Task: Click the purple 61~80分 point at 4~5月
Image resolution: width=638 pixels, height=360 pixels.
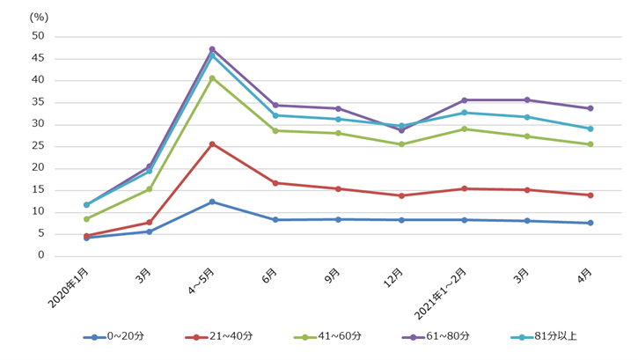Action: click(x=212, y=49)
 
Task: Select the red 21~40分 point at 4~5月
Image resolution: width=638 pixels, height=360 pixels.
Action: click(x=212, y=143)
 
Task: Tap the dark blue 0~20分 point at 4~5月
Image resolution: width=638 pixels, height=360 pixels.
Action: click(x=212, y=202)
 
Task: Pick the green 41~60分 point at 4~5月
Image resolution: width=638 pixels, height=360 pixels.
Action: click(x=212, y=77)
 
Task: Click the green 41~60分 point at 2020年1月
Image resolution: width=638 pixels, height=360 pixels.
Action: click(x=86, y=219)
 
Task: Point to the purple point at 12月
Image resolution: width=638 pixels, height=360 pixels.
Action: click(x=401, y=130)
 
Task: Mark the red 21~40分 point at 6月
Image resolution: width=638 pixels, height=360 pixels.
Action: click(x=275, y=183)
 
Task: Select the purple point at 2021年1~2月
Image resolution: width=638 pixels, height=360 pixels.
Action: click(x=464, y=100)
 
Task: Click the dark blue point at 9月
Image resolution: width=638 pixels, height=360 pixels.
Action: click(x=338, y=219)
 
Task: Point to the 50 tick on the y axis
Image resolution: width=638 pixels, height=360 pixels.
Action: click(x=37, y=36)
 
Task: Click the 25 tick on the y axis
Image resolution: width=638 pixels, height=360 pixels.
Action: click(x=37, y=146)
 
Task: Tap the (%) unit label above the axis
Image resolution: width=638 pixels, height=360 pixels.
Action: click(x=39, y=17)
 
